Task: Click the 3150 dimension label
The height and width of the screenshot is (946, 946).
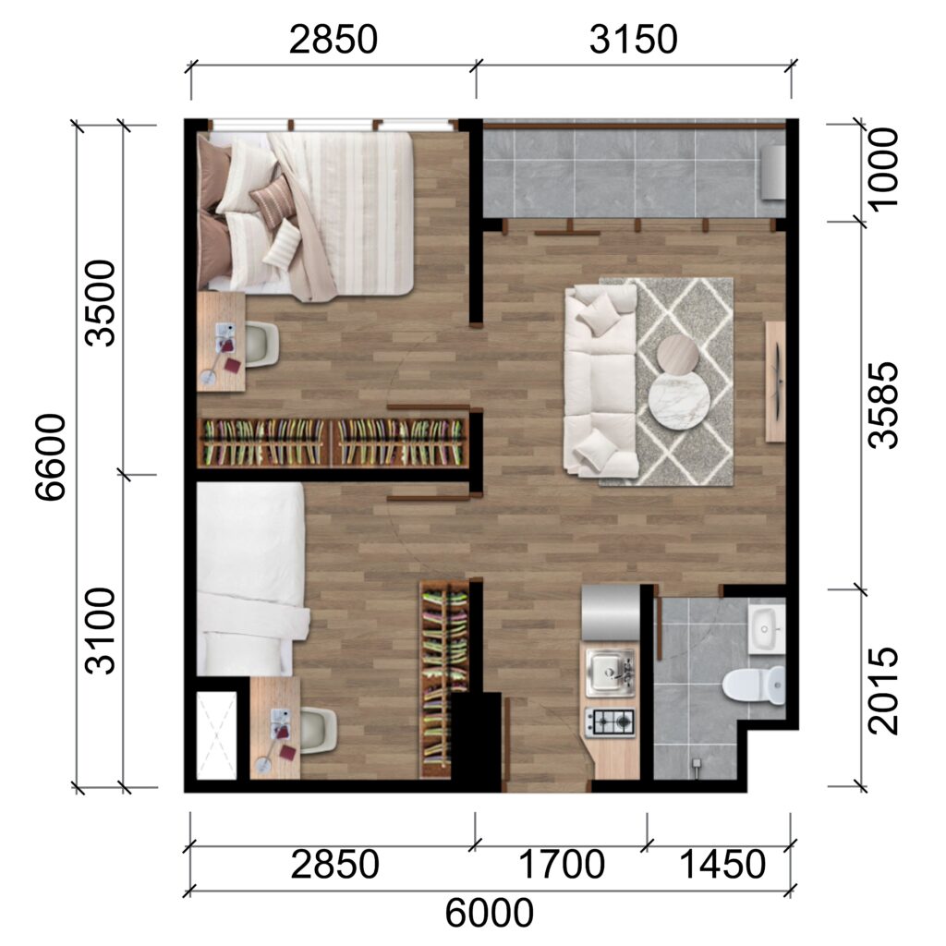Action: pos(633,40)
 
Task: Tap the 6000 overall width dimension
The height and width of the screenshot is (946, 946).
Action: pos(490,913)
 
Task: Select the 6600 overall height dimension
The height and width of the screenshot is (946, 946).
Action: pos(50,456)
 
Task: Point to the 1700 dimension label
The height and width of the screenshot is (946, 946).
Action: pos(562,864)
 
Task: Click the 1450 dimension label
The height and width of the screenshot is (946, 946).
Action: pos(722,864)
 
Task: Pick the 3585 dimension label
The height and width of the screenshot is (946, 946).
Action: pos(882,406)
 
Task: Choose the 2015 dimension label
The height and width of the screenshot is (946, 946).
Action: pos(882,690)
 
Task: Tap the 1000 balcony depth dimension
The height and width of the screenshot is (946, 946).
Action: pos(882,170)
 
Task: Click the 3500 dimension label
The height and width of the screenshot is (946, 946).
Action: pos(100,303)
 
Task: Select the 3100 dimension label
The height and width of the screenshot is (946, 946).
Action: pos(100,630)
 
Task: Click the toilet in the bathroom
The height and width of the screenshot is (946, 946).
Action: pos(754,685)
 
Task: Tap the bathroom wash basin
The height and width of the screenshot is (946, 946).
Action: pos(767,630)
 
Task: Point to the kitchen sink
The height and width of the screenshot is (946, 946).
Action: pos(611,671)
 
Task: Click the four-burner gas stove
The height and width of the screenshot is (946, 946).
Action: pos(610,722)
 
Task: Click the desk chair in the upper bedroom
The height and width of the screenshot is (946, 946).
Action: pos(262,345)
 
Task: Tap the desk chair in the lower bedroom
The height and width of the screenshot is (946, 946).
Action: pos(319,730)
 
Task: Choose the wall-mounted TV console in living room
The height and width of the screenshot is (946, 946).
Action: pos(775,382)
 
